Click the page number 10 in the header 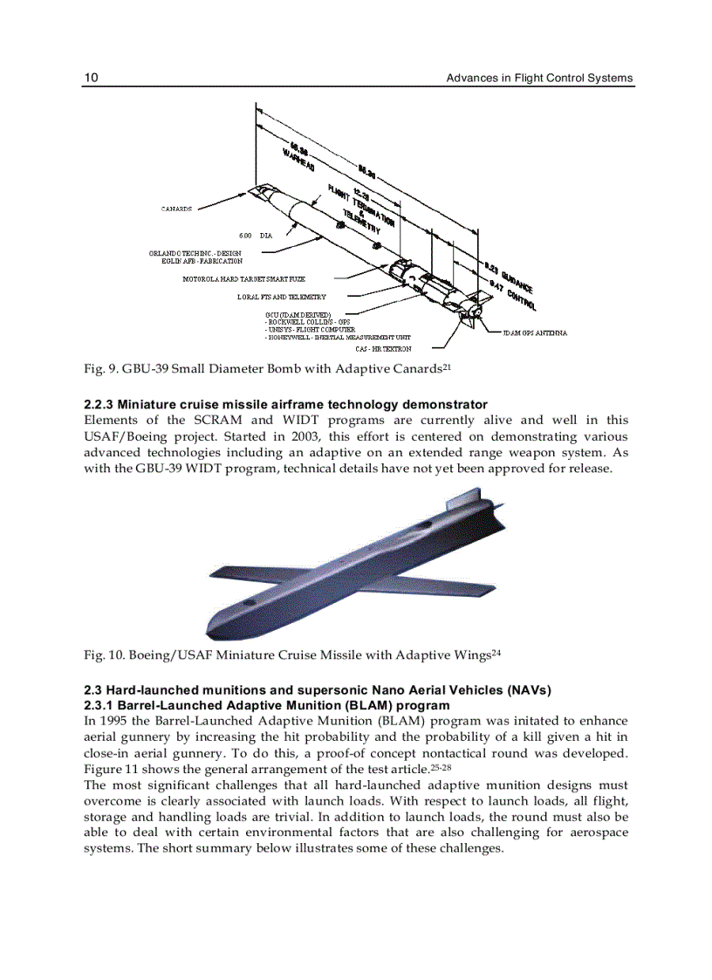click(x=91, y=78)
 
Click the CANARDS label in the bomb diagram click(x=177, y=209)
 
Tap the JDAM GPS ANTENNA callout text click(x=536, y=332)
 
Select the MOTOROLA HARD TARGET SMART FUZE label click(x=243, y=279)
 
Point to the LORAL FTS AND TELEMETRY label click(x=281, y=297)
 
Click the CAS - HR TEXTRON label click(x=384, y=349)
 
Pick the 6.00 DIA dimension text click(x=255, y=236)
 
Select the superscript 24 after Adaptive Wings click(x=496, y=652)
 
